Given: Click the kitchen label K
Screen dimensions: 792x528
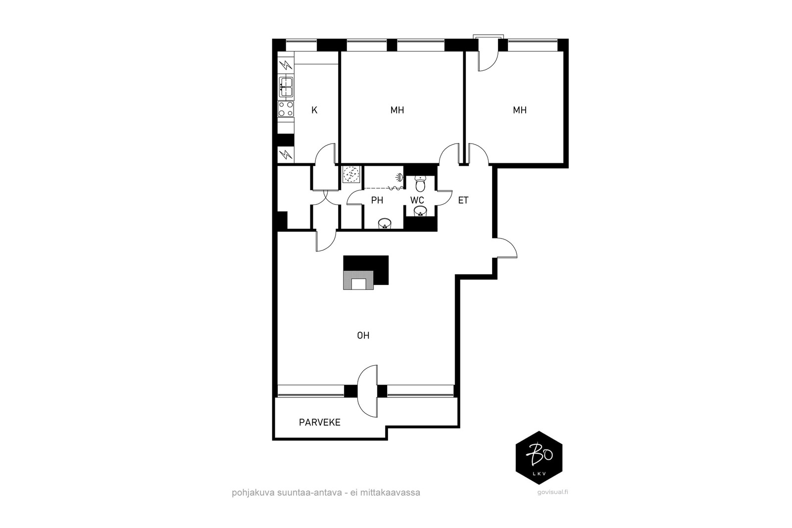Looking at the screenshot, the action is (x=314, y=110).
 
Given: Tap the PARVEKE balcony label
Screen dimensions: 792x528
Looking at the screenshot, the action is (x=320, y=422).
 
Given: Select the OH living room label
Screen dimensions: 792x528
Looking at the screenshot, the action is (x=363, y=335).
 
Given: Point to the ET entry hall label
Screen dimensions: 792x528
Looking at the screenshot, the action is (x=463, y=200).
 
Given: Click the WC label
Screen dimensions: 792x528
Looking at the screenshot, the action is (x=417, y=200).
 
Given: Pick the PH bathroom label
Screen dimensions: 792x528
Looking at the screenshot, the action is (x=377, y=200).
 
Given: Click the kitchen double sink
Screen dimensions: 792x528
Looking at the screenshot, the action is (x=286, y=87).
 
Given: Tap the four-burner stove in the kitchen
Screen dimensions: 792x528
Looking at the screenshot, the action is (x=286, y=109).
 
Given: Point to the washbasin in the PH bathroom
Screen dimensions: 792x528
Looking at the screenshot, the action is (x=384, y=224).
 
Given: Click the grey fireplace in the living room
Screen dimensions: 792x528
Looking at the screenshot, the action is (x=358, y=280).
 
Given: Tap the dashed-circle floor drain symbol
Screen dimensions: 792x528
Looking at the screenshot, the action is (x=351, y=174).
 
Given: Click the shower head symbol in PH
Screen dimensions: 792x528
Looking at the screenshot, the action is (x=399, y=177).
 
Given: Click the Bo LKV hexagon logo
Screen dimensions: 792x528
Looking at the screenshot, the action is (x=539, y=458).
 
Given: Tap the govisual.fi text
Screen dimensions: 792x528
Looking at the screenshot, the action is (x=552, y=493).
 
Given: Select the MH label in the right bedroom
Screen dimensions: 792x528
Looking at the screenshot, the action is (x=520, y=110).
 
